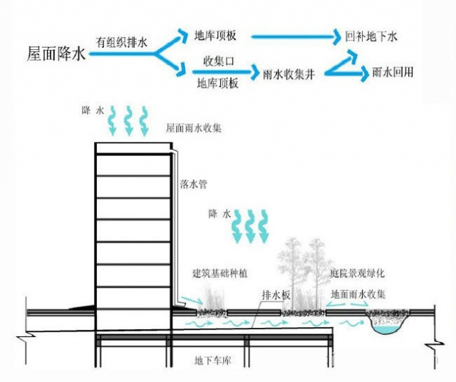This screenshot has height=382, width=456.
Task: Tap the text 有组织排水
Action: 122,42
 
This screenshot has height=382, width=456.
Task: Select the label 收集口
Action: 218,59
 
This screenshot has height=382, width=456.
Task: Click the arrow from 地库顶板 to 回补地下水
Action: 291,35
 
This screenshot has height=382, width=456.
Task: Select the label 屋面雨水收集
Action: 194,128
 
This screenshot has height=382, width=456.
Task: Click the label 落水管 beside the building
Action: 193,185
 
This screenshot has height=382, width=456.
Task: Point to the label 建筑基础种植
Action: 222,274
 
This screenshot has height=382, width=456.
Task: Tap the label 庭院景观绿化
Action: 358,274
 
